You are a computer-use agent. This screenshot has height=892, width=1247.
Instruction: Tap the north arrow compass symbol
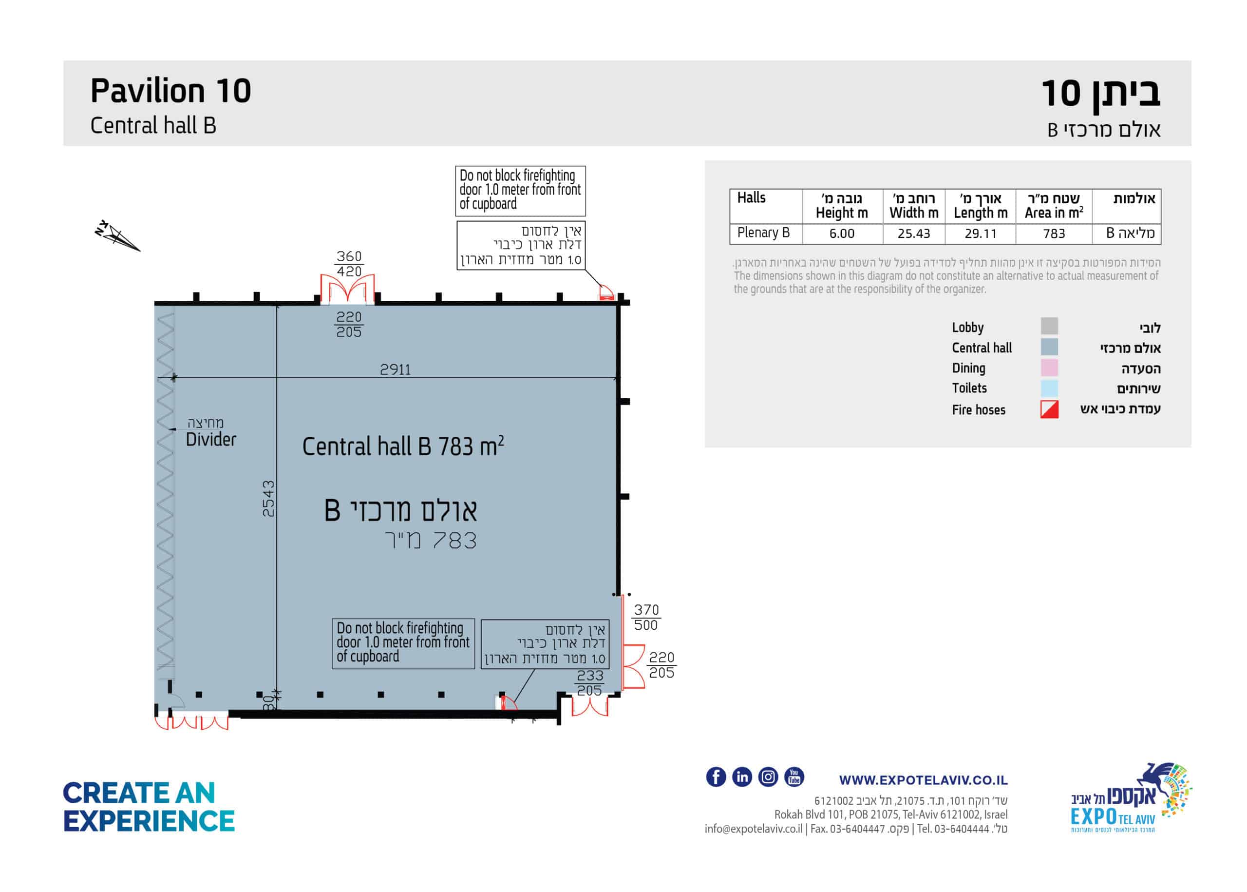[x=116, y=237]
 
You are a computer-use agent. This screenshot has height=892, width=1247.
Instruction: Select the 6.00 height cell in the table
[x=841, y=233]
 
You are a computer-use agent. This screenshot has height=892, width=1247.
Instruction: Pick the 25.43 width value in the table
[x=914, y=233]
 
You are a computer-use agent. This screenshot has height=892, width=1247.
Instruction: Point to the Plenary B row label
[x=763, y=233]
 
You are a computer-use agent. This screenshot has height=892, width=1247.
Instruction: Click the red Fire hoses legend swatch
[x=1049, y=410]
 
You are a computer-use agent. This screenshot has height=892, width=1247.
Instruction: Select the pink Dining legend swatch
[x=1049, y=368]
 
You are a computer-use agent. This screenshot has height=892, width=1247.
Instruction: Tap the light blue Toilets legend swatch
[x=1049, y=388]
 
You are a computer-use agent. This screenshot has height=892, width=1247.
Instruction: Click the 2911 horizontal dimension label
[x=395, y=369]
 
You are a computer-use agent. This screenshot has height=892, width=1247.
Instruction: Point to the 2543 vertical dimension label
[x=268, y=498]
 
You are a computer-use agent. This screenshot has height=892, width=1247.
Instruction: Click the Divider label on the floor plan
[x=211, y=439]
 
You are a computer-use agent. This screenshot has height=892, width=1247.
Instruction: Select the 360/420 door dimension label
[x=349, y=264]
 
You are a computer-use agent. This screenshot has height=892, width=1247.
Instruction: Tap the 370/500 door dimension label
[x=646, y=618]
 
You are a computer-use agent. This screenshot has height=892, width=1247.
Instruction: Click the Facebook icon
[x=716, y=776]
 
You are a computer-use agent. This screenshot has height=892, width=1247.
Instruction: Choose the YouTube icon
[x=794, y=776]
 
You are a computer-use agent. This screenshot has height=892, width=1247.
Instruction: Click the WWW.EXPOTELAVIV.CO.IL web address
[x=923, y=780]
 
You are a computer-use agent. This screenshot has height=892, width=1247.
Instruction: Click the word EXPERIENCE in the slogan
[x=149, y=821]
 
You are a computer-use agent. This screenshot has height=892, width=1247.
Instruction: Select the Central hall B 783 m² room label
[x=403, y=446]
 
